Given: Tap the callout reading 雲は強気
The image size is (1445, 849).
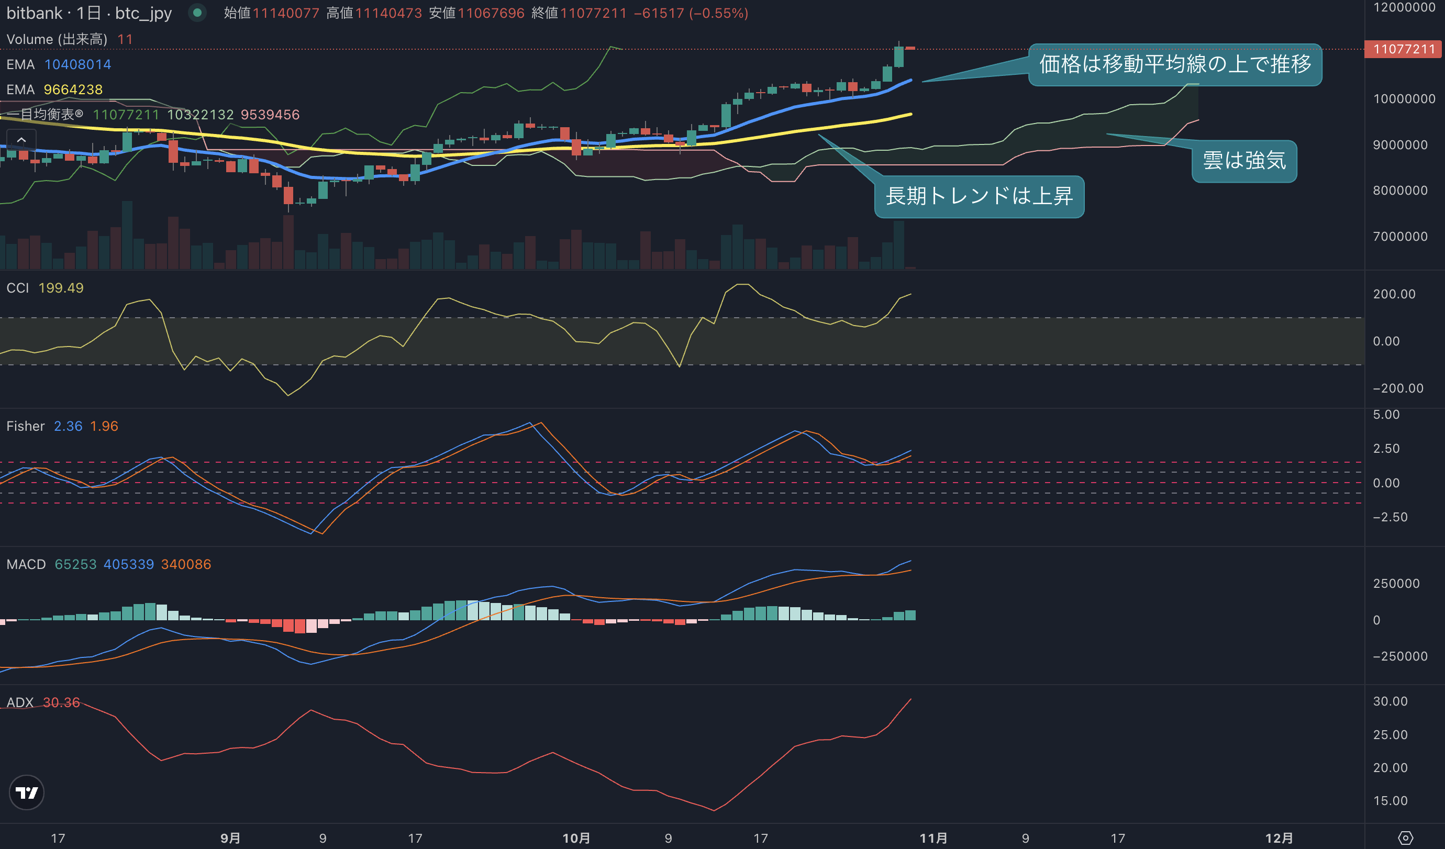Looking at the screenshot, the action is click(x=1244, y=161).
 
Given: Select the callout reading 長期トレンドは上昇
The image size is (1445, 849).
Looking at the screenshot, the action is click(x=979, y=197).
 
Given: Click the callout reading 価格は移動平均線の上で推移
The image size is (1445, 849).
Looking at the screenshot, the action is click(x=1175, y=65).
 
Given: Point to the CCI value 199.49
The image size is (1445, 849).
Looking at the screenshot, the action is click(x=61, y=288).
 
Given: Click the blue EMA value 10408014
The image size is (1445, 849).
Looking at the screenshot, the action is click(x=78, y=64).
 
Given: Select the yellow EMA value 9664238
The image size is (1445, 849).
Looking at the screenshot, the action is click(x=73, y=90).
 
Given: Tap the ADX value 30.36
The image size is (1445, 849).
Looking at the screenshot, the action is click(x=61, y=702).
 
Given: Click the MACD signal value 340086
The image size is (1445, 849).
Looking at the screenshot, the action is click(x=186, y=564).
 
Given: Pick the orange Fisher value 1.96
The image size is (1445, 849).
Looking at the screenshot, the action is click(x=104, y=426).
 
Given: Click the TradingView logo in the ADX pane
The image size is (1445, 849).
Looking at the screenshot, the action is click(x=27, y=792).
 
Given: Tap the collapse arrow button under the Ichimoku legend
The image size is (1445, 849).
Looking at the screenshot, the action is click(x=21, y=140).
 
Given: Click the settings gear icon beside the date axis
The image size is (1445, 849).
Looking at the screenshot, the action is click(x=1405, y=837).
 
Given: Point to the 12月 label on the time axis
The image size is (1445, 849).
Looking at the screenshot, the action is click(x=1279, y=837).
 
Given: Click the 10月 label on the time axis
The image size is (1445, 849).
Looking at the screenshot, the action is click(x=576, y=837).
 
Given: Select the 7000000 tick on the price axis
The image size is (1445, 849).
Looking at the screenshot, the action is click(x=1400, y=236).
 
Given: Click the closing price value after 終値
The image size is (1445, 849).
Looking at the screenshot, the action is click(x=594, y=13).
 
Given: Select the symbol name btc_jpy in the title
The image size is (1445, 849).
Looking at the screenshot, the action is click(x=143, y=13).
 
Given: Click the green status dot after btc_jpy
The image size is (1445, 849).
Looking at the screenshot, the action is click(x=197, y=12).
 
